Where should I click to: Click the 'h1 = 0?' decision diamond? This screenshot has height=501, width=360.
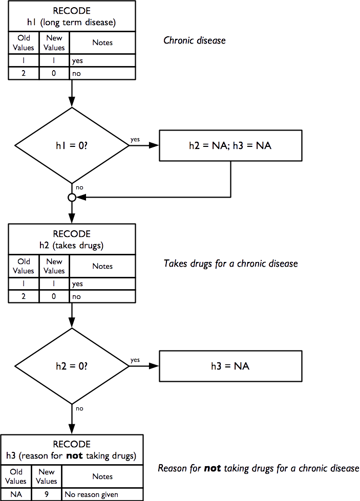(72, 145)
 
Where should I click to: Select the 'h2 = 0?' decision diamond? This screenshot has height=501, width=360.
(72, 366)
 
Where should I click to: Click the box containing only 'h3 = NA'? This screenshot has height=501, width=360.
(230, 366)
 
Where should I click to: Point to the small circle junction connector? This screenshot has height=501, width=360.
(72, 197)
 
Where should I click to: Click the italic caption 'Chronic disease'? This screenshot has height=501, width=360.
(194, 40)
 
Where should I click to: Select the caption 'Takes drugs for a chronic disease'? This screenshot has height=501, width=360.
(230, 264)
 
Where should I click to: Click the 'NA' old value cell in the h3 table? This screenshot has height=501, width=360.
(16, 494)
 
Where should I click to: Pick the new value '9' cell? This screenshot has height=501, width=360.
(47, 494)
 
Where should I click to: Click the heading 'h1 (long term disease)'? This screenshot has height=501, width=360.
(72, 23)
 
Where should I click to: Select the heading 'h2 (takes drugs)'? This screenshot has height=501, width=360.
(72, 245)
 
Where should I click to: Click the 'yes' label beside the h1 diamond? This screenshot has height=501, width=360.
(136, 139)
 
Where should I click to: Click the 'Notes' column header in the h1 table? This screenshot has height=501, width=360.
(102, 43)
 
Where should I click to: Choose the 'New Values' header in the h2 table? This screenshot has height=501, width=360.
(54, 266)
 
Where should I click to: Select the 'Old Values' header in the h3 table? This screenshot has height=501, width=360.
(16, 477)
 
